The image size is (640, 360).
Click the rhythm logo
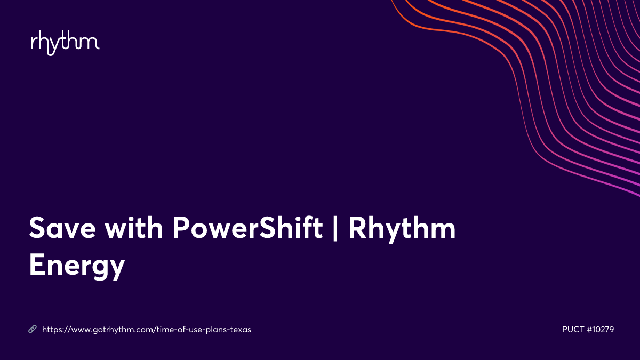[65, 43]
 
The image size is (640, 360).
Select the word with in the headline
[136, 228]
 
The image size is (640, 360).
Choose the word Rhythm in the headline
[402, 228]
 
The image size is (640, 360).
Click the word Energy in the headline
[77, 265]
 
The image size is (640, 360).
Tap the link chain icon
[33, 330]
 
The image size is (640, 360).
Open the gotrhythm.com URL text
[146, 330]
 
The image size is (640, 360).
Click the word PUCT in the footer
[573, 330]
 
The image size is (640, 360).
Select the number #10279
[601, 330]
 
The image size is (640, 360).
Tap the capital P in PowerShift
[181, 228]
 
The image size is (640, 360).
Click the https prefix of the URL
[52, 330]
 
